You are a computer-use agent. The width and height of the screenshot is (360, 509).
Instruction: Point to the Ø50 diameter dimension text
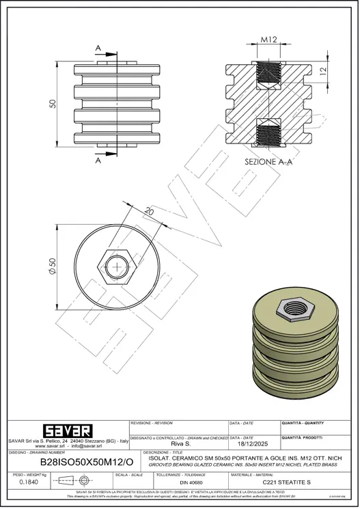pyautogui.click(x=53, y=263)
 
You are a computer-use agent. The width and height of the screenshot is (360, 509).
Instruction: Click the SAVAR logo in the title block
pyautogui.click(x=64, y=431)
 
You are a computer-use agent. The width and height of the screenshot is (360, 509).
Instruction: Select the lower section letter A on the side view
pyautogui.click(x=99, y=161)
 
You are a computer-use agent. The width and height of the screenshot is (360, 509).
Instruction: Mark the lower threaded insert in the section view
pyautogui.click(x=268, y=135)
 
